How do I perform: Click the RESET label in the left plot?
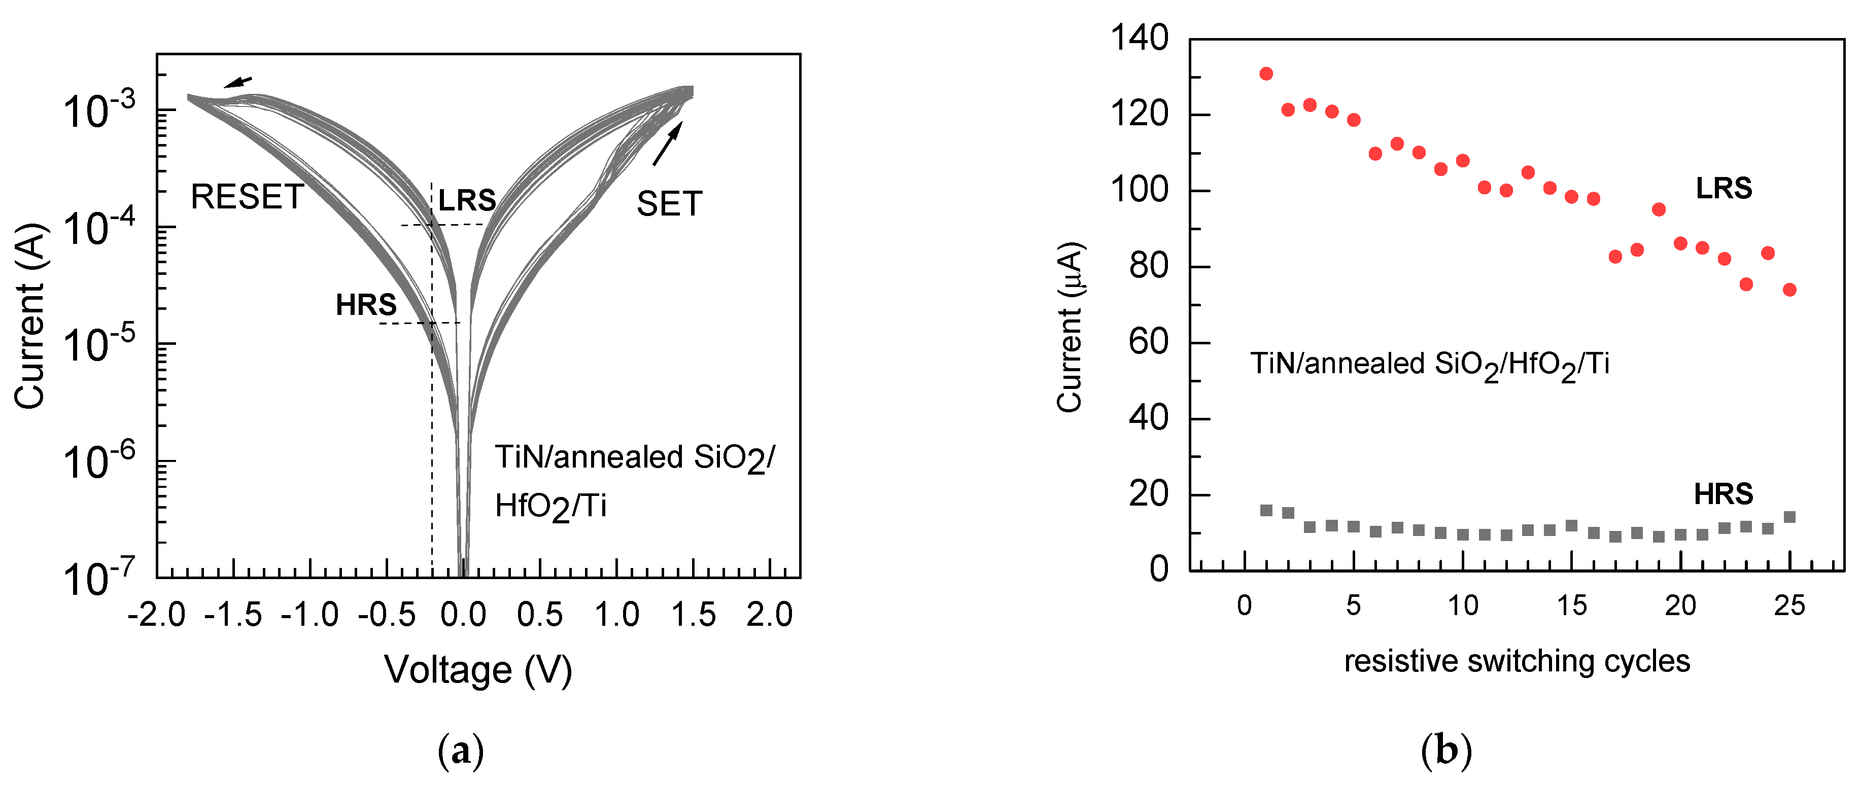[x=247, y=197]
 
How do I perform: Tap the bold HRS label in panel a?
[x=366, y=305]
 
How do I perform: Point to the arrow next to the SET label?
[x=667, y=143]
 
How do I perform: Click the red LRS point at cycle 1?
[x=1266, y=74]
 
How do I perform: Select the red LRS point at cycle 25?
[x=1789, y=290]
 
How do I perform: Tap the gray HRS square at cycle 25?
[x=1789, y=517]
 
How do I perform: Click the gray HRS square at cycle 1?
[x=1266, y=510]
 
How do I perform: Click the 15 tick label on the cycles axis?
[x=1571, y=605]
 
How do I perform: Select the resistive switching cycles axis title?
[x=1517, y=661]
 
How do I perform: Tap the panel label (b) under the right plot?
[x=1445, y=752]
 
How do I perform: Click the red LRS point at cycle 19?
[x=1659, y=209]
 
